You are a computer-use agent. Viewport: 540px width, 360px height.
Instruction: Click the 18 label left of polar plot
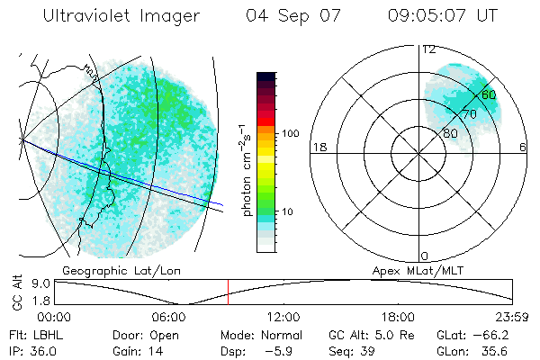(x=319, y=148)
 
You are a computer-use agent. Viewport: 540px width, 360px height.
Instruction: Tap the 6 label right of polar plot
(x=523, y=148)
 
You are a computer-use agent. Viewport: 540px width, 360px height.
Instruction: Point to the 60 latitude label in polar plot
(x=489, y=94)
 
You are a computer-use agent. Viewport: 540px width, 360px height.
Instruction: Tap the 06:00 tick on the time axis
(x=169, y=317)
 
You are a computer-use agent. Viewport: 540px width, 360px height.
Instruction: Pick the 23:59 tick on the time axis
(x=514, y=317)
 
